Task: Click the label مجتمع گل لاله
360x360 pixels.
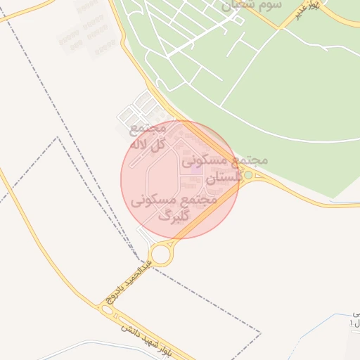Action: (x=148, y=136)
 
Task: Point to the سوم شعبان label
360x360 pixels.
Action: (x=252, y=4)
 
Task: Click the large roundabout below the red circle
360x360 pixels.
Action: (x=161, y=254)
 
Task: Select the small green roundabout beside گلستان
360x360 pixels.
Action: (x=248, y=174)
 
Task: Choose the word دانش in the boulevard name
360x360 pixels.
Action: (x=128, y=328)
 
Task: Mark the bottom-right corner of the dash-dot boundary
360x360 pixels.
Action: (x=260, y=331)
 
